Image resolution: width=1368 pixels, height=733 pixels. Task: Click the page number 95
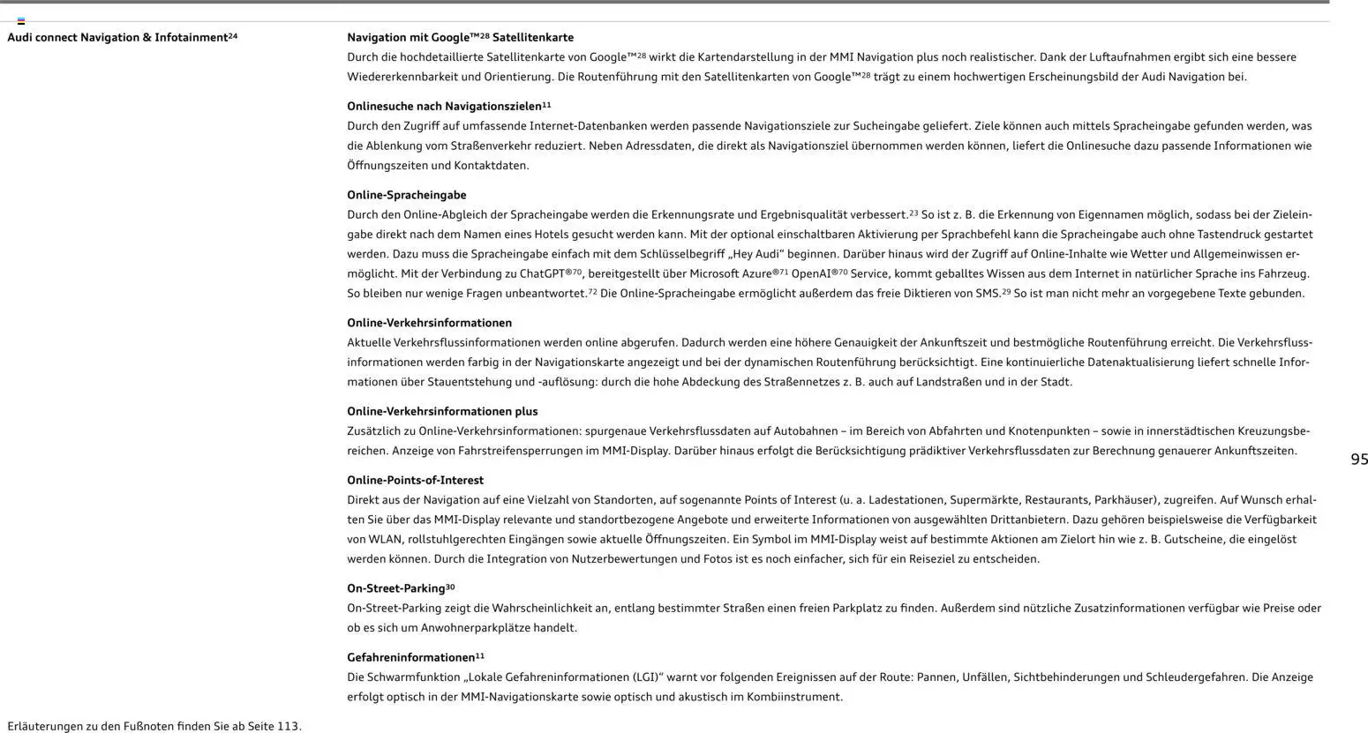[x=1359, y=460]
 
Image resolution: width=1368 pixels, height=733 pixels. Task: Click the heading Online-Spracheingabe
[x=406, y=195]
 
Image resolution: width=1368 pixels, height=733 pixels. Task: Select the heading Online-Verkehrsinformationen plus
[x=441, y=412]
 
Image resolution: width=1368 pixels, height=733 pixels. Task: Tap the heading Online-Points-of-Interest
[x=415, y=481]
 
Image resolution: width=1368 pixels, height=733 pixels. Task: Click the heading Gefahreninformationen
[x=410, y=658]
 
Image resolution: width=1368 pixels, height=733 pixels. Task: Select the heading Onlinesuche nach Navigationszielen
[x=444, y=107]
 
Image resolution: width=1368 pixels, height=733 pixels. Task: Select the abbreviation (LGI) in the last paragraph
[x=644, y=677]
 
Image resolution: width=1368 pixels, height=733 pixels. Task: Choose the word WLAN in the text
[x=381, y=540]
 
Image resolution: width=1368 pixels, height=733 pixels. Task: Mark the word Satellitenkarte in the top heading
[x=533, y=38]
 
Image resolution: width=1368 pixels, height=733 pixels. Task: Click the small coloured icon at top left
[x=21, y=20]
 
